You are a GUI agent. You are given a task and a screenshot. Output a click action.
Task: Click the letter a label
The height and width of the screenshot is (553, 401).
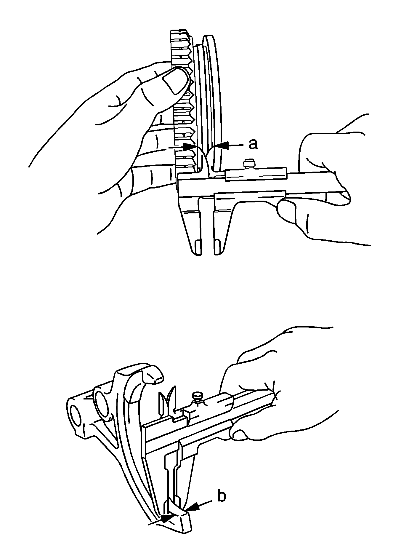[253, 144]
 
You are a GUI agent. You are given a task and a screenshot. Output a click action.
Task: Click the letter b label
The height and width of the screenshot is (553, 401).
[221, 496]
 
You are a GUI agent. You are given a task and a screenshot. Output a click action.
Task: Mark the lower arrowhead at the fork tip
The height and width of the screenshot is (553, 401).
[167, 518]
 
